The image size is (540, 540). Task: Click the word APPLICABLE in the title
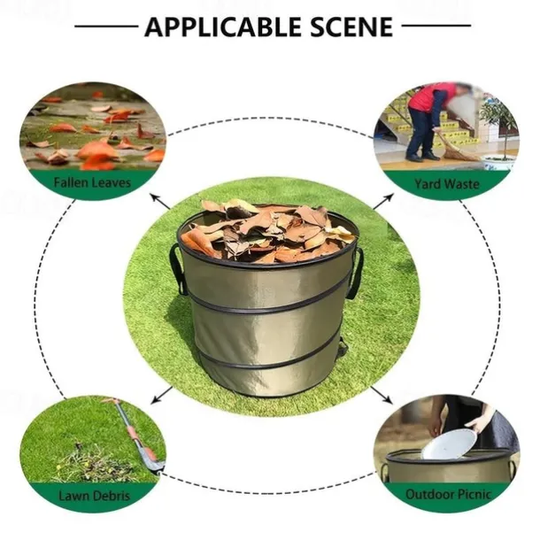click(223, 27)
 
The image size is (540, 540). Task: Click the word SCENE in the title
click(352, 27)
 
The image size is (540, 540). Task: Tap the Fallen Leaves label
click(92, 181)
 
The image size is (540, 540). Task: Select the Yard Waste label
click(447, 184)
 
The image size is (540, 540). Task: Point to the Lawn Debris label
click(95, 496)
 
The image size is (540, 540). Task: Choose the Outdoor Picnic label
click(448, 495)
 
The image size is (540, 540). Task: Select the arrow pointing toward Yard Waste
click(383, 202)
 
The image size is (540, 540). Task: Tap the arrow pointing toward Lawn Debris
click(162, 395)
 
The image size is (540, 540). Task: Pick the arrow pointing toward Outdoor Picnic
click(382, 395)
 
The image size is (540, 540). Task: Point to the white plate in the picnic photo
click(450, 444)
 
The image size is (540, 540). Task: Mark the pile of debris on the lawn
click(93, 462)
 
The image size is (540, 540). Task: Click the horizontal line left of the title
click(106, 26)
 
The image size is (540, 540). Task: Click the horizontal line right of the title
click(436, 26)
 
